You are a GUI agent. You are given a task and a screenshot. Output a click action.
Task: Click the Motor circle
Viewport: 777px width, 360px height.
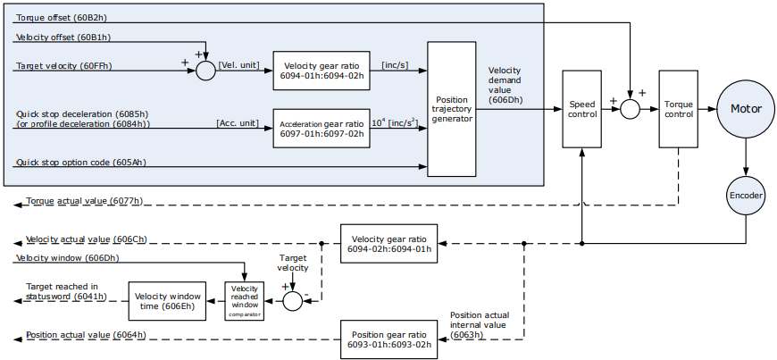746,109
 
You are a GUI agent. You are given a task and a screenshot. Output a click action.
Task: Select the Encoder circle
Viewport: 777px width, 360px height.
746,196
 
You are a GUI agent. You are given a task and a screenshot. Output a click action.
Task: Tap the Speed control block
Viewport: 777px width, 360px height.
581,109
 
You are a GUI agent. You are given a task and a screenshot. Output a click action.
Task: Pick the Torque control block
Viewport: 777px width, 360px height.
679,109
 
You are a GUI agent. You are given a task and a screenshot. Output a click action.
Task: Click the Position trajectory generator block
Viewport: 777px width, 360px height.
451,109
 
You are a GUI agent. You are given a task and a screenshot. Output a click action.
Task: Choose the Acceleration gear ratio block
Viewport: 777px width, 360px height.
322,129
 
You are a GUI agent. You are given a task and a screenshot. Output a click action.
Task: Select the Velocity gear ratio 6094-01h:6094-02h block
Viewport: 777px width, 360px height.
322,71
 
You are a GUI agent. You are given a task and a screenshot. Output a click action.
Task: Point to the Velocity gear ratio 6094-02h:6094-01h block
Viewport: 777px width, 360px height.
389,244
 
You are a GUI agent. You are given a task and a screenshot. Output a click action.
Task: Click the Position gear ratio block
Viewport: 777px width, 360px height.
389,339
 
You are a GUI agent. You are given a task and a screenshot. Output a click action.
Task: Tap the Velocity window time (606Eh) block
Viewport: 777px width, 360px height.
168,301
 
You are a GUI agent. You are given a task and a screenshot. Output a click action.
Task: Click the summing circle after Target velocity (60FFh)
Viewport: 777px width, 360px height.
205,71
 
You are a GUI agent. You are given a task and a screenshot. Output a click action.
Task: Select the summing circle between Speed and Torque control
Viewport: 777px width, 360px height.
630,109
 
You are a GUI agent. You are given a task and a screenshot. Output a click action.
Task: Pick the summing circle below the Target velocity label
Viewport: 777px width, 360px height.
293,301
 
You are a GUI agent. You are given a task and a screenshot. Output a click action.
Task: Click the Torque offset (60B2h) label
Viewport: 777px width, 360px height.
62,18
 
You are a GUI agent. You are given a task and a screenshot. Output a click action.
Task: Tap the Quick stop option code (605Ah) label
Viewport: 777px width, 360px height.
81,163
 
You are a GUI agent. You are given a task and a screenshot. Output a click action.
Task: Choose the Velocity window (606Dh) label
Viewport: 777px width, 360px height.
67,258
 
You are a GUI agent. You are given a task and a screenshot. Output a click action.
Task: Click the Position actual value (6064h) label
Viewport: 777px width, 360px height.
86,335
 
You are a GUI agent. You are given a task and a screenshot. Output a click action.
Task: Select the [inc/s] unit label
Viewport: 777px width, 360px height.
395,65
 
